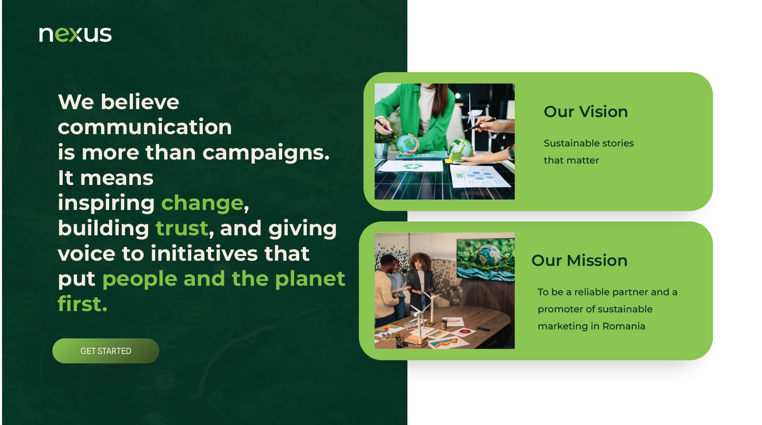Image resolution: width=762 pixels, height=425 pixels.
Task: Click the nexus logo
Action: (75, 34)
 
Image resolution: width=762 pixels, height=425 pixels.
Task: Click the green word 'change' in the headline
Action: (202, 203)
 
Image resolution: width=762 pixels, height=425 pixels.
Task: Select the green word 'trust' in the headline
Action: (182, 228)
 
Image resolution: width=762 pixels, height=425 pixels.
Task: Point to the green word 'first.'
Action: (83, 304)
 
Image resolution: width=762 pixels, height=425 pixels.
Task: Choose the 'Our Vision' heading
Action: (586, 112)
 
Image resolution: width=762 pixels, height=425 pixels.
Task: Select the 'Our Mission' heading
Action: (579, 260)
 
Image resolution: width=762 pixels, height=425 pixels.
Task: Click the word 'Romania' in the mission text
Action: (624, 326)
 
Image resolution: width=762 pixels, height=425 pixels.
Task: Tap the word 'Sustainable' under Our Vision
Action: (569, 143)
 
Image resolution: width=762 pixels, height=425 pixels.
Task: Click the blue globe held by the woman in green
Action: (406, 143)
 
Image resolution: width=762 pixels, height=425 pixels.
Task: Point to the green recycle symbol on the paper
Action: (413, 166)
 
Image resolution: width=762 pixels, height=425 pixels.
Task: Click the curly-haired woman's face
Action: (420, 262)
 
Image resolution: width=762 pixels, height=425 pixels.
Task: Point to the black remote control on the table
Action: (483, 329)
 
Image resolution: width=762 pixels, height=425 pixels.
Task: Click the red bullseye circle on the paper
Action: (465, 331)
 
